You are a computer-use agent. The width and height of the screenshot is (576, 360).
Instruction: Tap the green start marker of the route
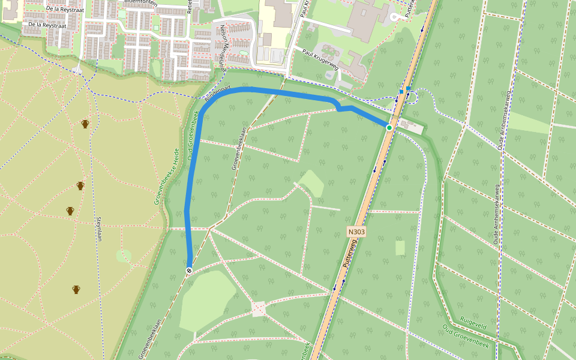click(389, 128)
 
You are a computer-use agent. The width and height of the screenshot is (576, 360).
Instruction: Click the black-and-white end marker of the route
click(189, 271)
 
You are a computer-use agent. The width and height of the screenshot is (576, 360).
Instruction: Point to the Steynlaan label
click(98, 229)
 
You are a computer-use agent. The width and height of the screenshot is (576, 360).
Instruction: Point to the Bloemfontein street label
click(139, 2)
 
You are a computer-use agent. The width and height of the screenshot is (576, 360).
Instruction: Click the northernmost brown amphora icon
click(85, 124)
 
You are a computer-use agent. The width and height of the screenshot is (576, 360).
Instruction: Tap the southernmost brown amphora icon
click(76, 290)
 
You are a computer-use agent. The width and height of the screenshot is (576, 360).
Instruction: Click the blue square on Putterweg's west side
click(401, 92)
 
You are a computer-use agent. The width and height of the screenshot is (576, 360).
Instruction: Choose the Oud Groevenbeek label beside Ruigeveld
click(465, 336)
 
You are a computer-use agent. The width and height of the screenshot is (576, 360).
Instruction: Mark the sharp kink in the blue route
click(339, 108)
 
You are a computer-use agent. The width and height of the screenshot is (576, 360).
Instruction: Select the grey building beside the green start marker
click(410, 126)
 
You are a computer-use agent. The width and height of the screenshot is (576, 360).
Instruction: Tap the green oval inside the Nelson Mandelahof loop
click(243, 52)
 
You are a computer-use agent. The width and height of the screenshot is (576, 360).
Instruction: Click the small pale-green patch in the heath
click(124, 256)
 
